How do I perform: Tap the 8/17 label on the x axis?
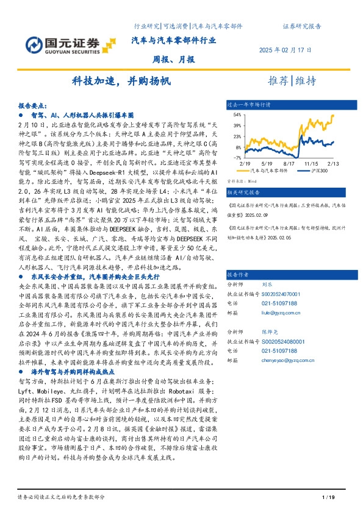tap(289, 164)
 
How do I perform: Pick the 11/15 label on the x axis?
tap(311, 164)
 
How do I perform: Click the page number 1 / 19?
tap(327, 498)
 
